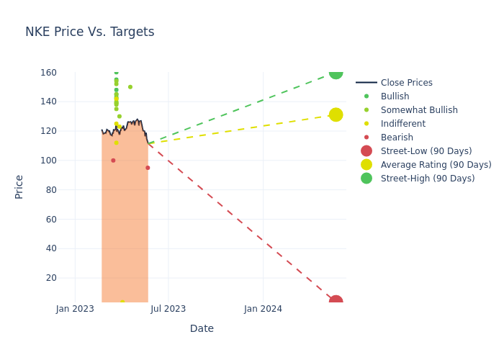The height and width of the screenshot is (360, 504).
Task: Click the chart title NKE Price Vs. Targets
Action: click(90, 32)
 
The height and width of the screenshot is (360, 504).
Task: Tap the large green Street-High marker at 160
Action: click(336, 72)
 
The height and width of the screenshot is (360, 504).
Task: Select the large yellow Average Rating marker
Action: click(336, 114)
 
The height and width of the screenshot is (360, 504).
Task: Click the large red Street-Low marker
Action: click(336, 301)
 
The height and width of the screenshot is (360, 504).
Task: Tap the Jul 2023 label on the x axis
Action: click(168, 309)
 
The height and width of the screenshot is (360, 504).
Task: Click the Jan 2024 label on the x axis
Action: click(263, 309)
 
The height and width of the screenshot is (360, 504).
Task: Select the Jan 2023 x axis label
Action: click(75, 309)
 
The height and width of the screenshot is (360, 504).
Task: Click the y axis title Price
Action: click(19, 186)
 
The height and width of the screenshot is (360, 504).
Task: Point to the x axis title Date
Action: click(202, 329)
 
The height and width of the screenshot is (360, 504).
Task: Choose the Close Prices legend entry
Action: click(406, 83)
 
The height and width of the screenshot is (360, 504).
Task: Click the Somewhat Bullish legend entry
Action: click(418, 110)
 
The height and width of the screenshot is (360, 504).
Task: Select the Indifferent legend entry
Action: click(402, 124)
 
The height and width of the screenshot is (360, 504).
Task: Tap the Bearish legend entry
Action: click(397, 138)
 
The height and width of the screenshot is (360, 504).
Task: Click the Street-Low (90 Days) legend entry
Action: click(426, 151)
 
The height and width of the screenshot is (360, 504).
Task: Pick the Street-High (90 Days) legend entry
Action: click(427, 179)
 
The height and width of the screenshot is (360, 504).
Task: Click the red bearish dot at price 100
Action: click(113, 161)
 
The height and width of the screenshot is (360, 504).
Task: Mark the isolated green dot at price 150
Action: click(130, 87)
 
